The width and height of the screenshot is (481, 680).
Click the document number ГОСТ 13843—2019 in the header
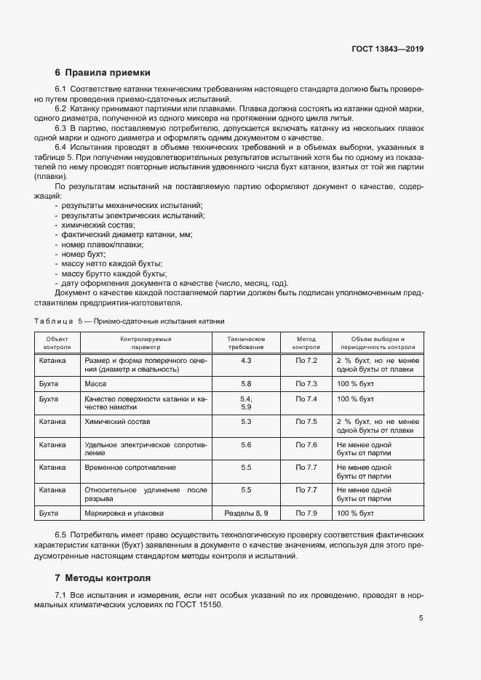pos(387,49)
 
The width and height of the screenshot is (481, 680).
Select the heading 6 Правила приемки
pos(103,73)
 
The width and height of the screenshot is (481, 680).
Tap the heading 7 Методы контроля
pos(103,578)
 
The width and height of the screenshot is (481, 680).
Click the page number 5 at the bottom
pos(421,618)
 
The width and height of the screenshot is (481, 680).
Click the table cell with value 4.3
pos(246,361)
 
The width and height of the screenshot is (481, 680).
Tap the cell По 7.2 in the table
pos(306,361)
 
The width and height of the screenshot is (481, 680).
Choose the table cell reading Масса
pos(96,383)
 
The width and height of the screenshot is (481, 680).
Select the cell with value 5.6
pos(246,444)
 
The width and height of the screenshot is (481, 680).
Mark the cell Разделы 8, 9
pos(246,513)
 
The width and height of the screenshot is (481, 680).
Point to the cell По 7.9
pos(306,513)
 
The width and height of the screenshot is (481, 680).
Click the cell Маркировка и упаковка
pos(124,513)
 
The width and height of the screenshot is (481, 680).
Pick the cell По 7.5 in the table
pos(306,421)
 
